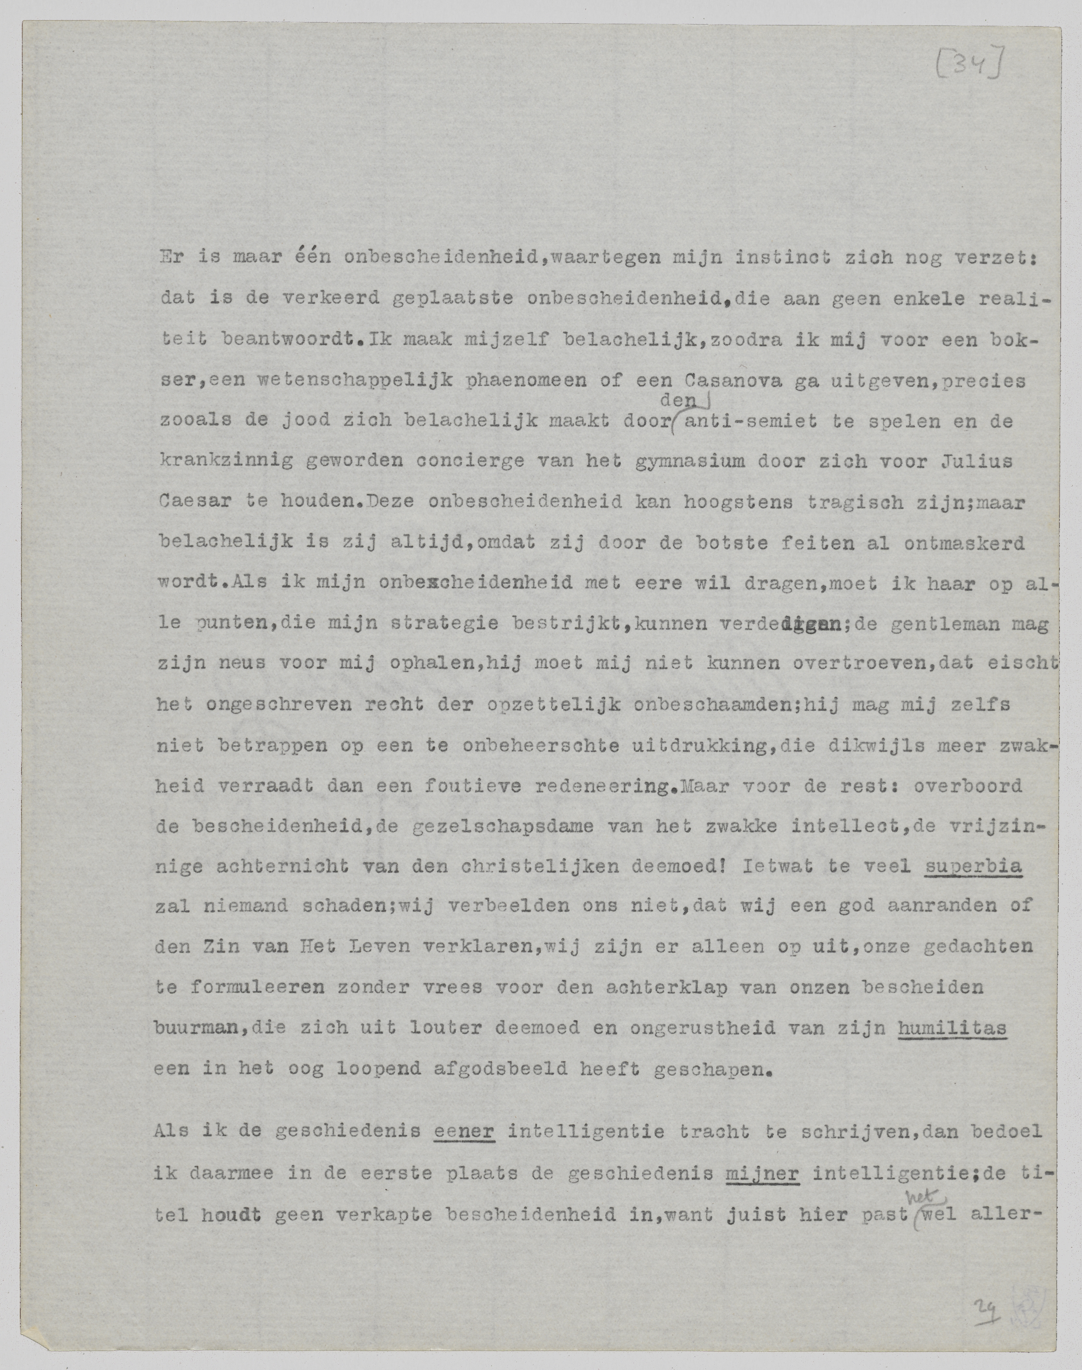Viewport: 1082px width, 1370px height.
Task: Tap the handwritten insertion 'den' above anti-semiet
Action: [x=678, y=400]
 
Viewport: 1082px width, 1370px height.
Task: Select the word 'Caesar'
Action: [x=193, y=503]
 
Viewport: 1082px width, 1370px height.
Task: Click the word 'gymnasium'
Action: [x=691, y=462]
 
